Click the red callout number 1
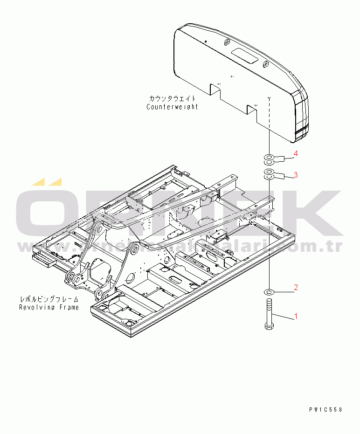pos(295,317)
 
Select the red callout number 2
pos(295,286)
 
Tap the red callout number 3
pos(295,175)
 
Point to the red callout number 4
pos(295,153)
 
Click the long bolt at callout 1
pos(270,312)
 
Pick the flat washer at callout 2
pos(269,291)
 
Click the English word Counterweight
pos(172,107)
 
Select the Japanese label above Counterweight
pos(173,99)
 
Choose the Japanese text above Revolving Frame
pos(49,299)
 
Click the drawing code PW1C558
pos(325,409)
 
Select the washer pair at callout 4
pos(269,159)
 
